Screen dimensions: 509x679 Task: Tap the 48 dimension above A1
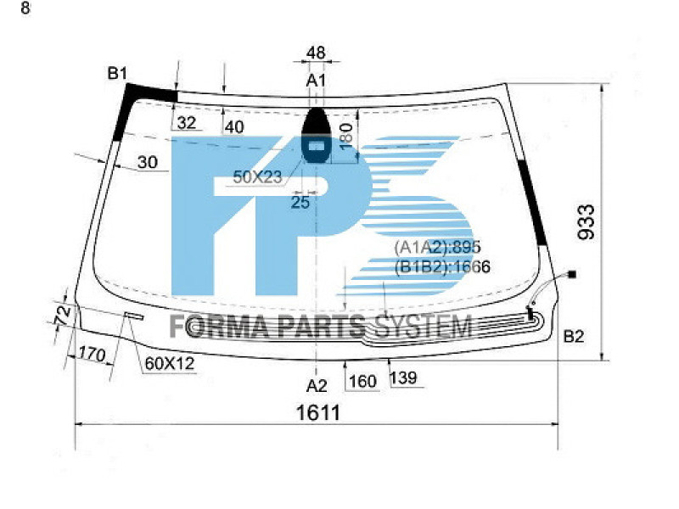(316, 53)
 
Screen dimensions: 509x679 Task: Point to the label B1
(117, 74)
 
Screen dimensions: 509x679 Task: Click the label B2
(575, 337)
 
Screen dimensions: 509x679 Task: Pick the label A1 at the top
(316, 80)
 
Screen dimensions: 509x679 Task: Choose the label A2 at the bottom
(316, 386)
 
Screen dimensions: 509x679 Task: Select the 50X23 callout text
(257, 176)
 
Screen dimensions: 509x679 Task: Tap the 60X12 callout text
(170, 363)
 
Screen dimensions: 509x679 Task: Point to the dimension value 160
(362, 382)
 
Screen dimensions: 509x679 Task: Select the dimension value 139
(404, 379)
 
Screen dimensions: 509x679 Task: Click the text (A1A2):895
(437, 247)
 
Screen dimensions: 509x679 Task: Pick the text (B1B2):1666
(442, 266)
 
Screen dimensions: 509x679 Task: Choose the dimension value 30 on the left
(147, 163)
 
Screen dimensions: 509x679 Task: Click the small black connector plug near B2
(572, 274)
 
